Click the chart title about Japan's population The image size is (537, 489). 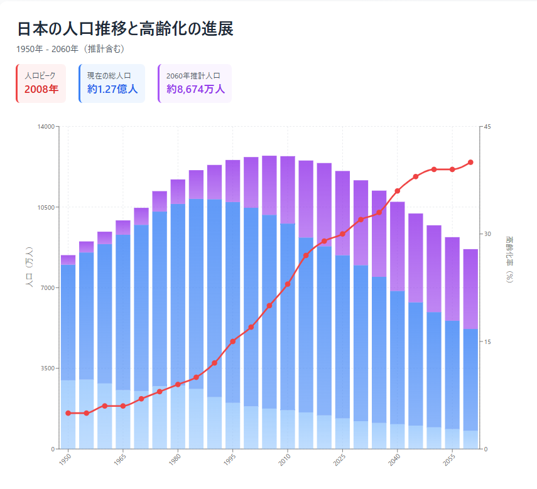pyautogui.click(x=126, y=28)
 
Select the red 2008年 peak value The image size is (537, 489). pyautogui.click(x=41, y=89)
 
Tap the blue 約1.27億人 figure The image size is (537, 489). pyautogui.click(x=112, y=89)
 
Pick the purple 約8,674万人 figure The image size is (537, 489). pyautogui.click(x=195, y=89)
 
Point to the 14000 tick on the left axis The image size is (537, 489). pyautogui.click(x=46, y=127)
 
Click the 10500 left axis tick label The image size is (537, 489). pyautogui.click(x=46, y=207)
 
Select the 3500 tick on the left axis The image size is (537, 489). pyautogui.click(x=48, y=368)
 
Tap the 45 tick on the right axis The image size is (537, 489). pyautogui.click(x=487, y=127)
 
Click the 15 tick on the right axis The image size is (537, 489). pyautogui.click(x=487, y=341)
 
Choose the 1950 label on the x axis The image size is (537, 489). pyautogui.click(x=65, y=459)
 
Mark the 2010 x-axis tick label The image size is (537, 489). pyautogui.click(x=285, y=459)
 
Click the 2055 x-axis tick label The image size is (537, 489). pyautogui.click(x=449, y=459)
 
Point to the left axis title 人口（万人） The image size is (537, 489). pyautogui.click(x=30, y=267)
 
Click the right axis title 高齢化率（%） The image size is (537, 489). pyautogui.click(x=509, y=259)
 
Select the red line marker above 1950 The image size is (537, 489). pyautogui.click(x=68, y=413)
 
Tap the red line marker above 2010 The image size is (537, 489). pyautogui.click(x=288, y=284)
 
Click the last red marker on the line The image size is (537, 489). pyautogui.click(x=470, y=162)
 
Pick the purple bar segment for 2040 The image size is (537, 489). pyautogui.click(x=398, y=246)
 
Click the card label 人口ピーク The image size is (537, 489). pyautogui.click(x=40, y=75)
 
